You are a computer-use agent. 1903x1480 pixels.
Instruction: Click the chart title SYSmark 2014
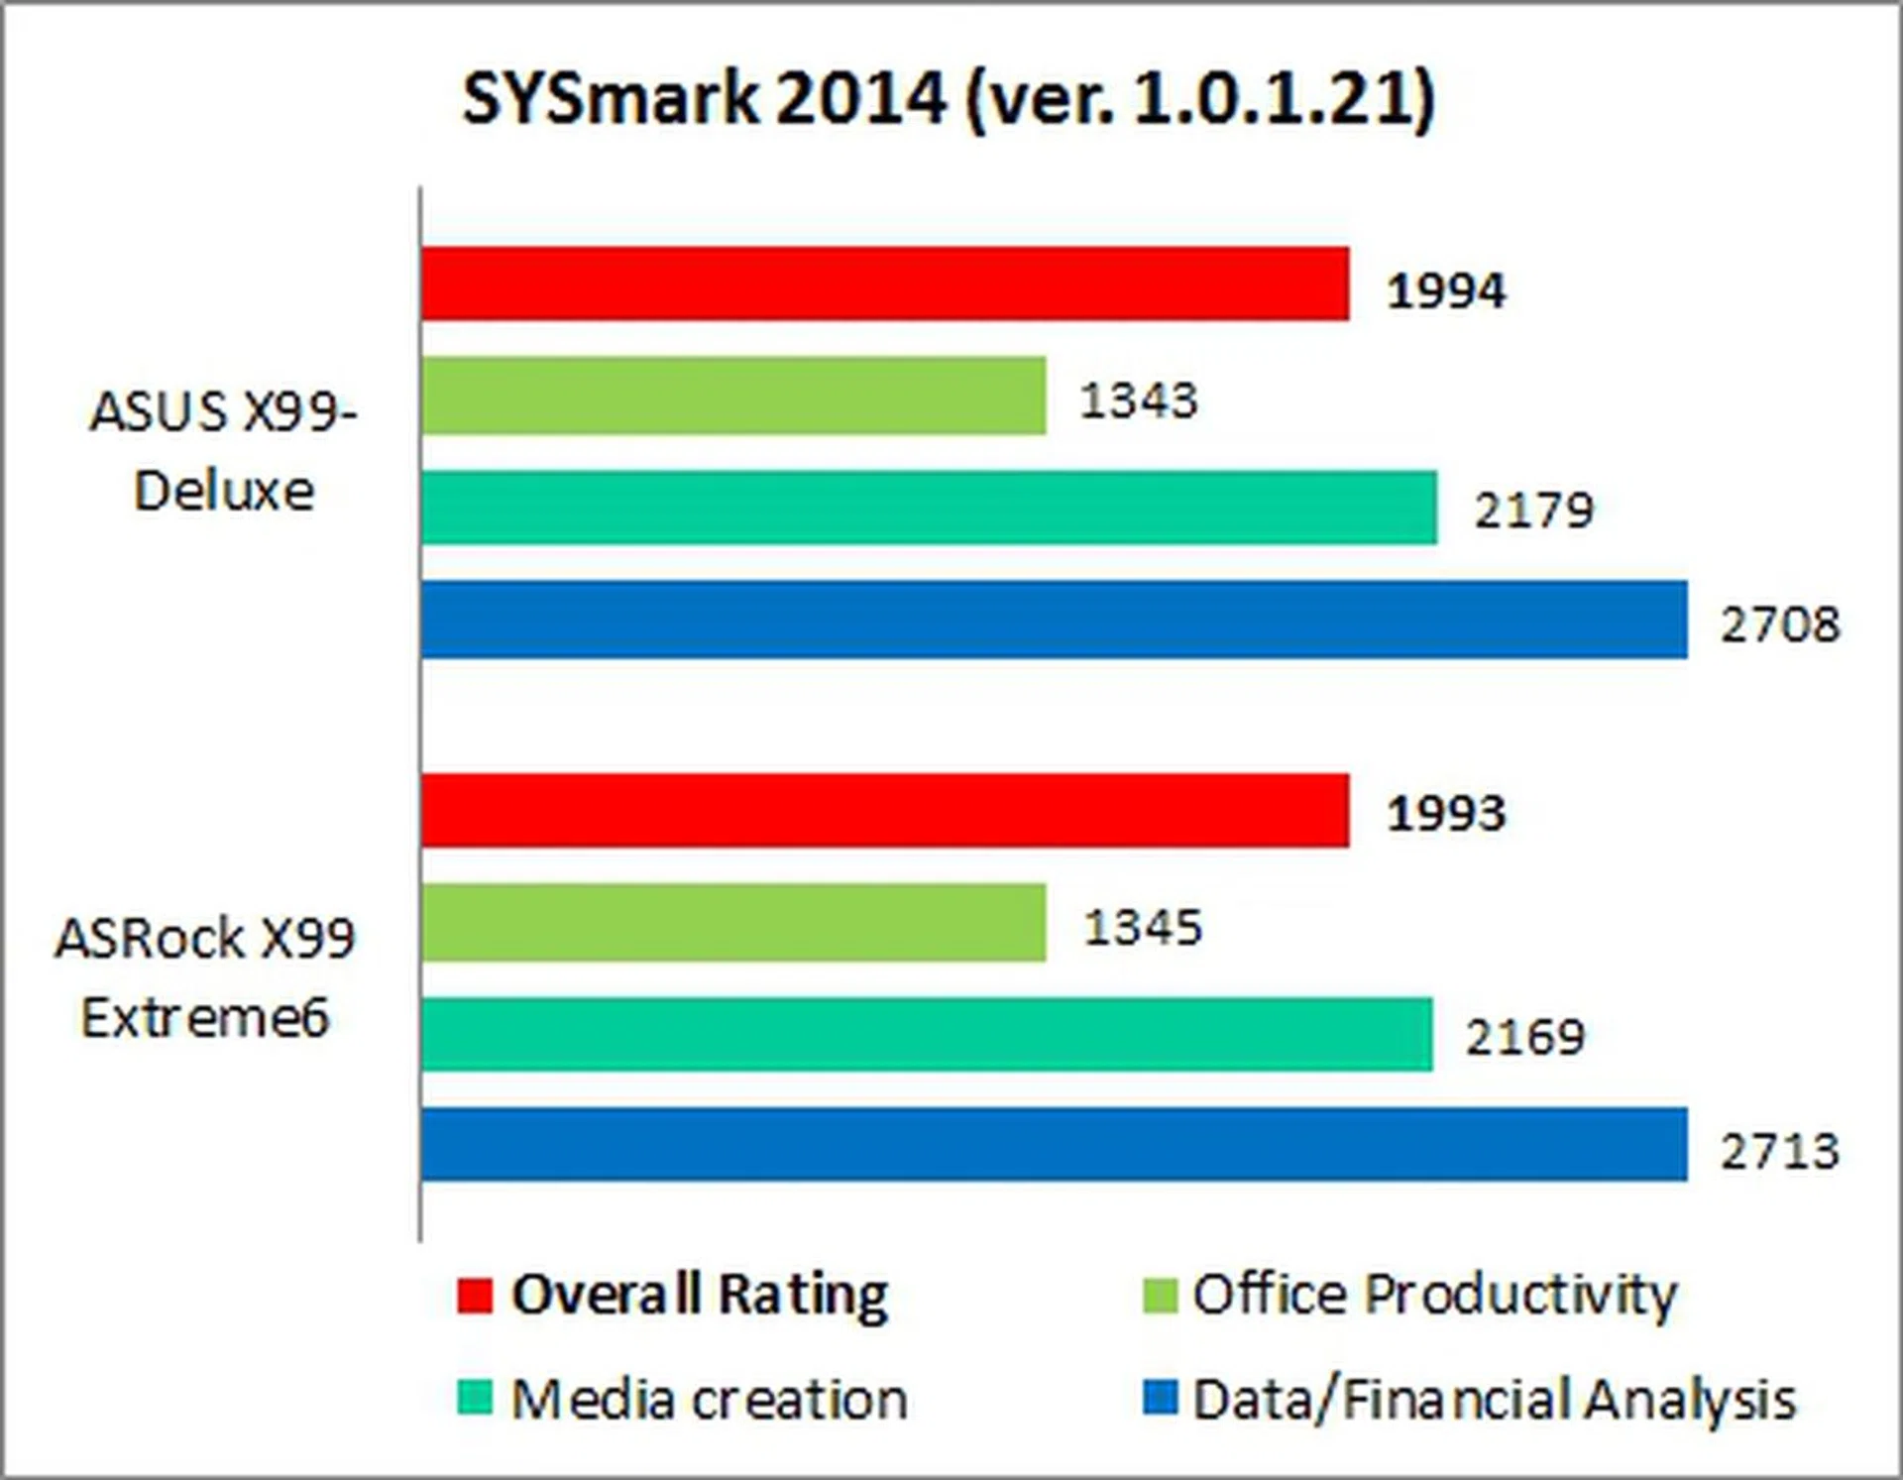tap(949, 99)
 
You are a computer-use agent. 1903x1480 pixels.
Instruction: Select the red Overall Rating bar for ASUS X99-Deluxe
tap(884, 285)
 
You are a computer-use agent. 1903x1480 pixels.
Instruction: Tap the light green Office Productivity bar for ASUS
tap(733, 396)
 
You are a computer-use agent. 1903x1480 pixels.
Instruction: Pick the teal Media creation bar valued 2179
tap(929, 508)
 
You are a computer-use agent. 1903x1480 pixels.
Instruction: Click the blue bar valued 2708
tap(1054, 620)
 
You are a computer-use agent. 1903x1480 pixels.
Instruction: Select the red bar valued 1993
tap(884, 811)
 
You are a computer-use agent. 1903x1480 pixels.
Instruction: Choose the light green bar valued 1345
tap(733, 923)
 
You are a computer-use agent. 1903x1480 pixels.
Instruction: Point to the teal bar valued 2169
tap(927, 1035)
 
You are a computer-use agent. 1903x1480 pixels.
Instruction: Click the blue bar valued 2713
tap(1054, 1145)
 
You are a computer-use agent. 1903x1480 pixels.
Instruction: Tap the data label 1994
tap(1446, 291)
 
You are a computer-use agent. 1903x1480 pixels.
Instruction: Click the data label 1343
tap(1138, 400)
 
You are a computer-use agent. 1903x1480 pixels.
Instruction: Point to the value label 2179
tap(1533, 512)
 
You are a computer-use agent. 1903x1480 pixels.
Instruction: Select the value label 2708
tap(1780, 625)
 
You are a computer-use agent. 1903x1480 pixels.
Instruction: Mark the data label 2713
tap(1780, 1151)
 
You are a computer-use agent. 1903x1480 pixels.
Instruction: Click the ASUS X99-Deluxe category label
tap(224, 451)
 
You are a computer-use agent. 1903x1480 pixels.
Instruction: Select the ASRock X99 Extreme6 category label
tap(205, 978)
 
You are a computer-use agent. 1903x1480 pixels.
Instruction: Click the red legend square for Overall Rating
tap(475, 1296)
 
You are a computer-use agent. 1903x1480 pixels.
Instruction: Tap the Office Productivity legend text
tap(1434, 1296)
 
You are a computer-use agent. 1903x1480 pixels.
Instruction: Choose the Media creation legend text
tap(709, 1400)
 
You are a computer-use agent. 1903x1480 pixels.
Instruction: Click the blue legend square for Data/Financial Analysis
tap(1160, 1398)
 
